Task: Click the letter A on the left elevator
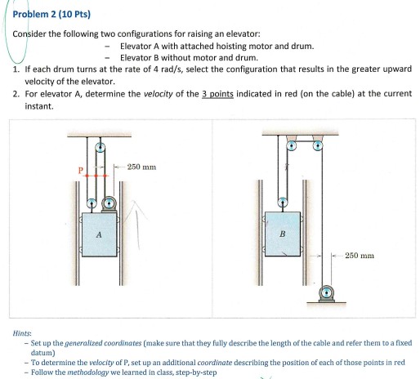(x=99, y=233)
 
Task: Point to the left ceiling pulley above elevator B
(x=293, y=146)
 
